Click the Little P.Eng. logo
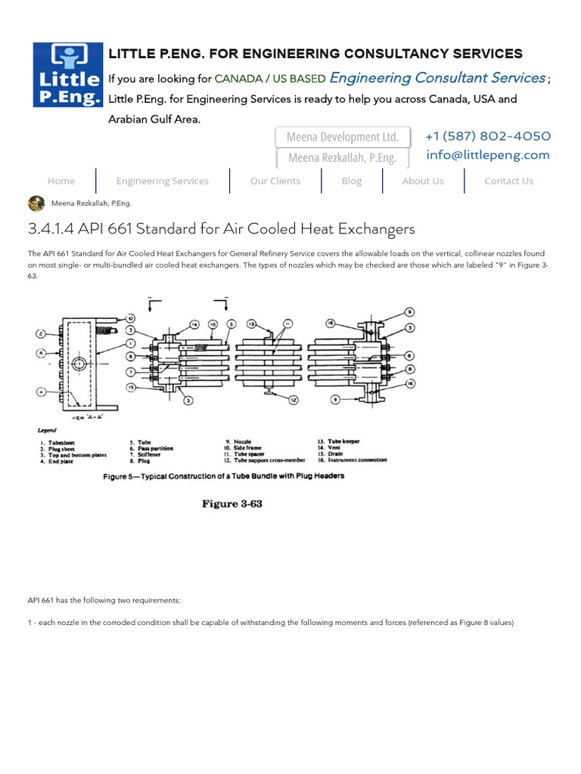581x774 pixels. coord(67,74)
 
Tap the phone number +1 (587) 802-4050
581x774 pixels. coord(487,136)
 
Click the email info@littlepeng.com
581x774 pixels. coord(487,155)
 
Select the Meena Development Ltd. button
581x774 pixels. coord(343,137)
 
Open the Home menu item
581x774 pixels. coord(61,181)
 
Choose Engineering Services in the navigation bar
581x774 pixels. coord(163,181)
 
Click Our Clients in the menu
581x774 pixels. coord(275,181)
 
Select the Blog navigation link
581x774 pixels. coord(352,181)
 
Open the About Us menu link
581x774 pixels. coord(423,181)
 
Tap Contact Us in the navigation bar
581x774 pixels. coord(508,181)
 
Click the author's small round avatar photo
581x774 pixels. coord(36,203)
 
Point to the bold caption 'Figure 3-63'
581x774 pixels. coord(231,504)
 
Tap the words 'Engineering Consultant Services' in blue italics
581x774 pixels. coord(437,78)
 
